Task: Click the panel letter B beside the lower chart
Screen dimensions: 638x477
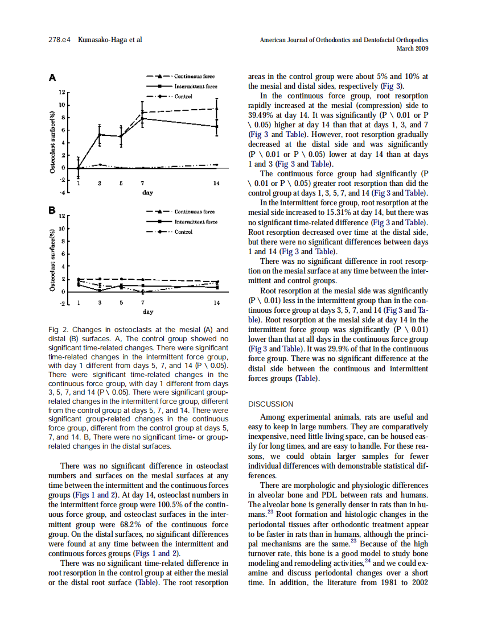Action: (x=52, y=211)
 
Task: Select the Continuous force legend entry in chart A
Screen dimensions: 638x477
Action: (x=194, y=76)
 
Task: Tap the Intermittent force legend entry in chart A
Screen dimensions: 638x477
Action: (x=195, y=86)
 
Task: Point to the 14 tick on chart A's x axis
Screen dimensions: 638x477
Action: (x=216, y=184)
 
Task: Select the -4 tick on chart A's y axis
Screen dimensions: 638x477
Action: (x=62, y=193)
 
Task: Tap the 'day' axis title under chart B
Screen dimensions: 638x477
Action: (x=147, y=312)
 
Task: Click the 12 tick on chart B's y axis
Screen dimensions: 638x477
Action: (x=63, y=216)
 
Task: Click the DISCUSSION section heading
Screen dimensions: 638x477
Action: (x=271, y=404)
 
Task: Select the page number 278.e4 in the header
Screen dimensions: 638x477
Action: (x=59, y=40)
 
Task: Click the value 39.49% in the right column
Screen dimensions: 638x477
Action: (x=262, y=115)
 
